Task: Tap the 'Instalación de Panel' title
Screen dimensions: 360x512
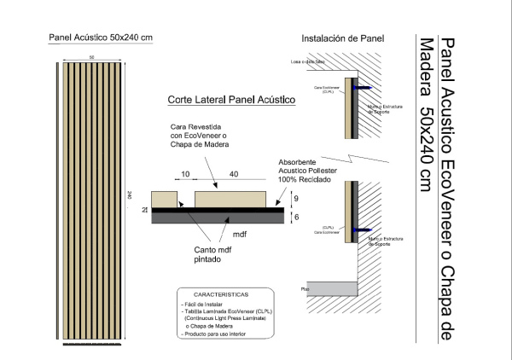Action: [x=343, y=38]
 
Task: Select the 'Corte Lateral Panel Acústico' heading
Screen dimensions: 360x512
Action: [x=231, y=101]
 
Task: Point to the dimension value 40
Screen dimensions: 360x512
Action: [x=233, y=174]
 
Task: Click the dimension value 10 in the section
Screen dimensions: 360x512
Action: [x=185, y=174]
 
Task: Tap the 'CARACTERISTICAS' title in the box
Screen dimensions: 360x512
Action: [x=221, y=293]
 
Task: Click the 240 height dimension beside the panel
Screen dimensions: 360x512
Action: [x=129, y=195]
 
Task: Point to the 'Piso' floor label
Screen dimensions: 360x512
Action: [x=305, y=288]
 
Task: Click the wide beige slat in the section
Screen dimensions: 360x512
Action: [x=239, y=199]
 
